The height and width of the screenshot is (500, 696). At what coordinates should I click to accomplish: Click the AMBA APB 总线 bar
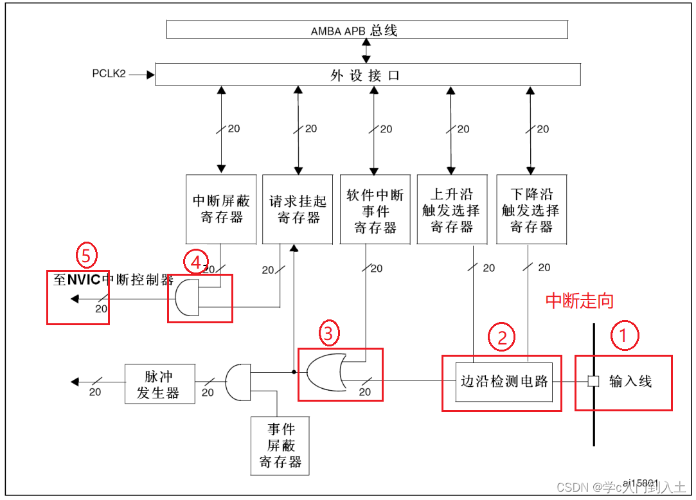367,30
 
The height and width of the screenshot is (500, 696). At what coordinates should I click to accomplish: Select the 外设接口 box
368,75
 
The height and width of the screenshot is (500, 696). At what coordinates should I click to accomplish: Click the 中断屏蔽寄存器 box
220,209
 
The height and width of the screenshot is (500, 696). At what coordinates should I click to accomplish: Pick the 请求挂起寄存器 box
298,209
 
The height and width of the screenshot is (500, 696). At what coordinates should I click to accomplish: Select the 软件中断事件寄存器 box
375,209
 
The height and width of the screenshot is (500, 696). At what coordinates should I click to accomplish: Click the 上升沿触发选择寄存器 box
452,209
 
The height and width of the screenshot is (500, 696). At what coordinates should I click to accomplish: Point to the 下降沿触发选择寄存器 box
531,209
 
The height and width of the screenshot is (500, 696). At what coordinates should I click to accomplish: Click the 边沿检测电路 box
504,382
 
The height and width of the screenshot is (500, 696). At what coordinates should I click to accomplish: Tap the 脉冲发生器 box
159,384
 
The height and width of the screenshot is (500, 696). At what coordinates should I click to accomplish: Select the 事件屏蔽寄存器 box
280,445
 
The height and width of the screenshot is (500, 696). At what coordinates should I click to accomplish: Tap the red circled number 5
87,256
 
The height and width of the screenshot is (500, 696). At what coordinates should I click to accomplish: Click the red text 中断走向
579,301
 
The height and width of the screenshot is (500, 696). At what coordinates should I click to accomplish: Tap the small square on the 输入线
594,381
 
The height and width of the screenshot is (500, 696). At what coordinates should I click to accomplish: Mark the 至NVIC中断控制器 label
113,280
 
